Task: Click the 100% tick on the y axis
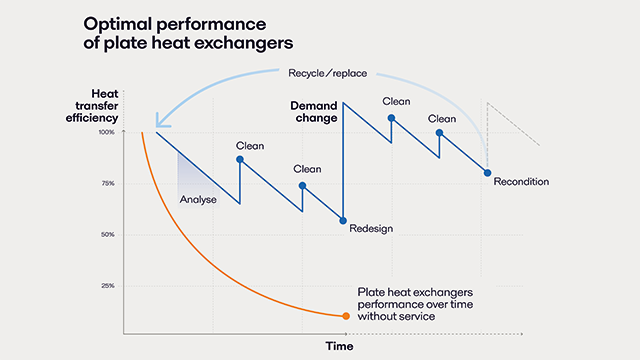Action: click(x=107, y=132)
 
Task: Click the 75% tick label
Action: click(x=108, y=184)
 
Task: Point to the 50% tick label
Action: click(x=108, y=235)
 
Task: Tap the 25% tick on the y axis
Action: click(x=108, y=286)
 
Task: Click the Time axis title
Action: click(x=337, y=346)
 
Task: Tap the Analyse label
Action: click(x=198, y=199)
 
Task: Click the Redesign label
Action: click(x=371, y=229)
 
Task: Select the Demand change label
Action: click(x=314, y=111)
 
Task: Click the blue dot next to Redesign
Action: click(x=343, y=220)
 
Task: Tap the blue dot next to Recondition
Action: click(x=487, y=173)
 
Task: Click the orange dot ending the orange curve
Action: click(x=346, y=316)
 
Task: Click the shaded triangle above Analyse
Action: click(x=187, y=169)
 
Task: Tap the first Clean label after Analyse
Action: click(x=250, y=146)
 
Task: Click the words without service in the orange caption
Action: click(x=397, y=316)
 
